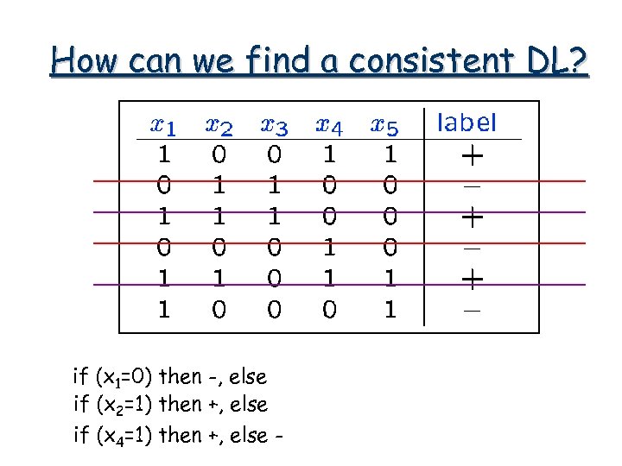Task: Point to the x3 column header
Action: point(274,126)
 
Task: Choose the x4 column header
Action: point(329,126)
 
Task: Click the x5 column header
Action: point(384,126)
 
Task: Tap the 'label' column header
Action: point(467,123)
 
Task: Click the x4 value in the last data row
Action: point(329,309)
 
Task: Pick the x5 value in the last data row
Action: point(390,309)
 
